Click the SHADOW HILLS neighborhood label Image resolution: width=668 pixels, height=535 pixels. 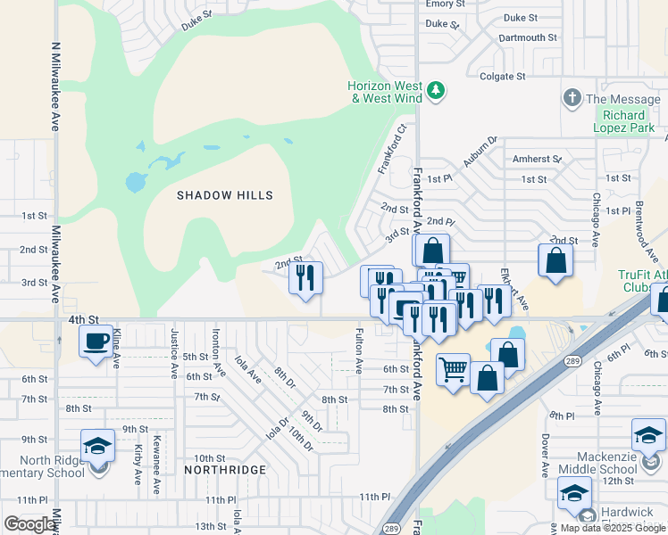(x=224, y=195)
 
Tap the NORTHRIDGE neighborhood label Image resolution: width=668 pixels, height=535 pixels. (x=225, y=469)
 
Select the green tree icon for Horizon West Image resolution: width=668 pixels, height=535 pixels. (x=436, y=90)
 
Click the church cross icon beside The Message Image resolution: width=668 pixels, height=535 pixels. (x=572, y=98)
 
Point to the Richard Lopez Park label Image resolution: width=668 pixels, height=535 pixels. (x=624, y=121)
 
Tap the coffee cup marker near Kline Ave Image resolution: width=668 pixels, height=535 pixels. (x=96, y=340)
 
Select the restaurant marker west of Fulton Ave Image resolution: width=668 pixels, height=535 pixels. (x=305, y=278)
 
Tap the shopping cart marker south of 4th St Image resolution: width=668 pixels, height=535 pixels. (x=454, y=367)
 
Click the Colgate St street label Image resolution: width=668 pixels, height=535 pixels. (x=503, y=77)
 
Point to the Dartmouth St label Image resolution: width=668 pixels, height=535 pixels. (x=528, y=38)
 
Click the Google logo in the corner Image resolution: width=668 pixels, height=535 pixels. (x=29, y=524)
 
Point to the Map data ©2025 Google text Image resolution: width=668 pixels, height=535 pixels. (x=613, y=528)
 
